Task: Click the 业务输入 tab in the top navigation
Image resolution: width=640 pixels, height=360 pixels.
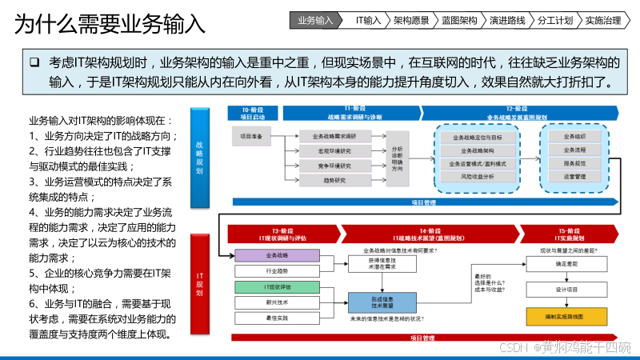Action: pyautogui.click(x=314, y=20)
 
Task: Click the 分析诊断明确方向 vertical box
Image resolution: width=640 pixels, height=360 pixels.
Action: pyautogui.click(x=398, y=158)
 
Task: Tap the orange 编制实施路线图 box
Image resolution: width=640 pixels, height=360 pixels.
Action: pyautogui.click(x=566, y=317)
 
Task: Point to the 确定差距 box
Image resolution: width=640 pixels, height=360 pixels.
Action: pyautogui.click(x=566, y=263)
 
